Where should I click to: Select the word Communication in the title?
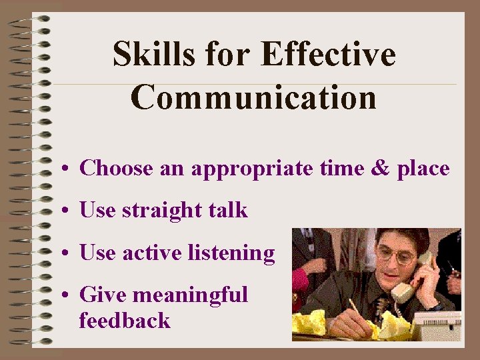point(253,97)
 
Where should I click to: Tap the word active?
point(152,253)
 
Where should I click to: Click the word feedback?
point(125,321)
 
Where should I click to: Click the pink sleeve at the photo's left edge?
point(300,281)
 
